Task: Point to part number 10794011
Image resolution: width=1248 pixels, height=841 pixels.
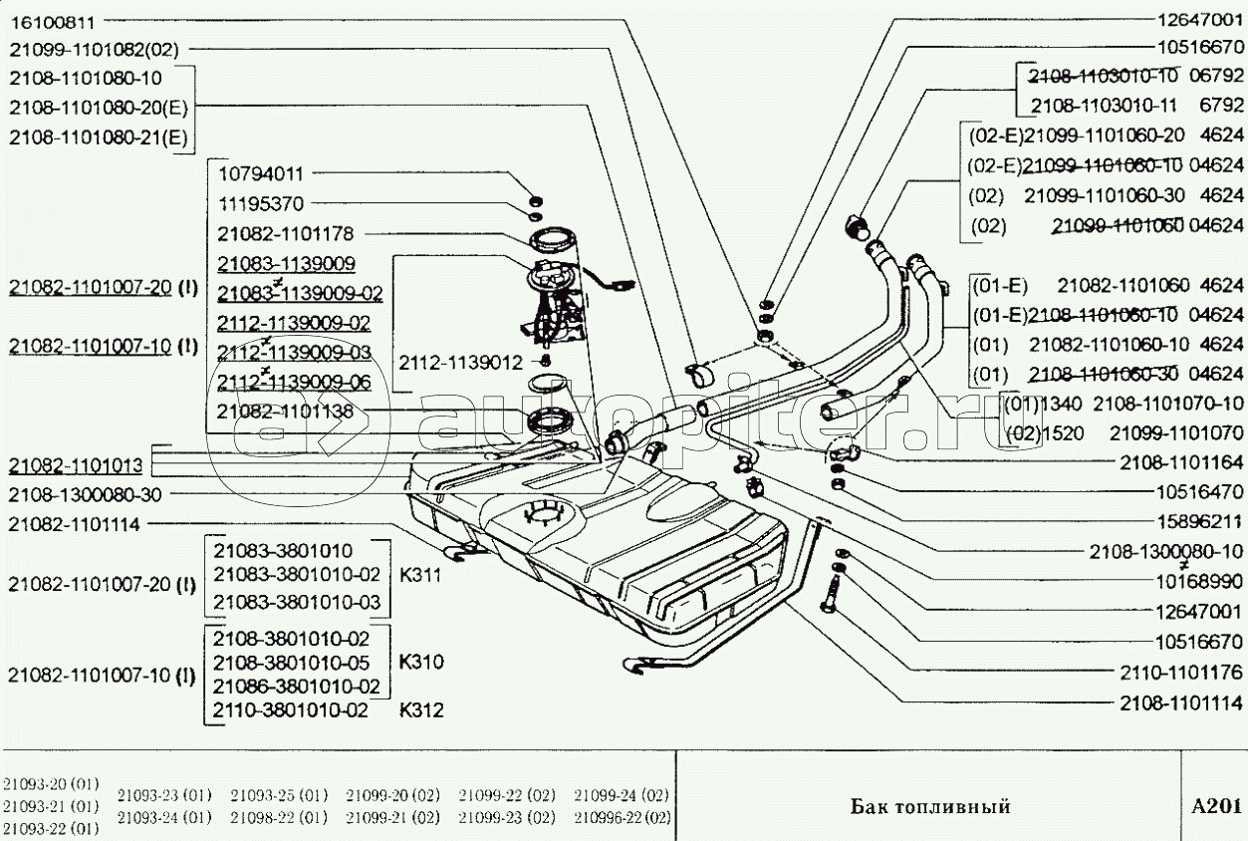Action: (261, 173)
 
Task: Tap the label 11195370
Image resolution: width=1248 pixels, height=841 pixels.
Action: (261, 203)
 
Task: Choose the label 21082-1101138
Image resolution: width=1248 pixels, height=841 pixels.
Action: (279, 411)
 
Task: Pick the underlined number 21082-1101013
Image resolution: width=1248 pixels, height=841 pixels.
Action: (76, 465)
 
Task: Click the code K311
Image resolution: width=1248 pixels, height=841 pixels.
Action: (421, 576)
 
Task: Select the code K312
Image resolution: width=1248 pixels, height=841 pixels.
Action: (421, 711)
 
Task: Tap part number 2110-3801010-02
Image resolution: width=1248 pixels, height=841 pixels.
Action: (291, 711)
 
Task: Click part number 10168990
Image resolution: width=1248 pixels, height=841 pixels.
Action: (1199, 581)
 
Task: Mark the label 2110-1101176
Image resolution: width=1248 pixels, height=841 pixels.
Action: (1179, 672)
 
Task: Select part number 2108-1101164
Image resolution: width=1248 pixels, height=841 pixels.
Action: (1179, 462)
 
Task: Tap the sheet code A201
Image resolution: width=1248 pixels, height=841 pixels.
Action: (1215, 805)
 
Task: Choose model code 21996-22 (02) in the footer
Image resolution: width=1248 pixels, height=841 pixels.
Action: (622, 818)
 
